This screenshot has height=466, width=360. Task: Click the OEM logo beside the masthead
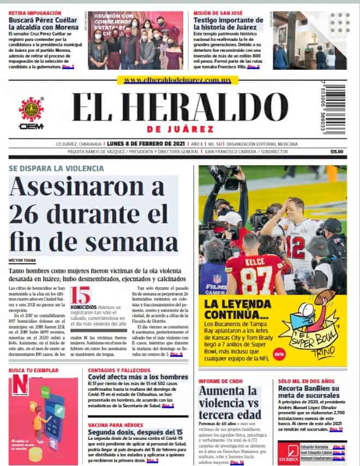31,113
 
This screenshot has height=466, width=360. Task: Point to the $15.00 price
337,152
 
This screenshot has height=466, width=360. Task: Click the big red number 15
81,296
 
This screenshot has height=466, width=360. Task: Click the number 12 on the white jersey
295,245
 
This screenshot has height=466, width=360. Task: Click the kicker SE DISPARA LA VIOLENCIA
56,168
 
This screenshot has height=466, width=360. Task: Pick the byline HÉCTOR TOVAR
21,260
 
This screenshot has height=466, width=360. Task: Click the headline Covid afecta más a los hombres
138,377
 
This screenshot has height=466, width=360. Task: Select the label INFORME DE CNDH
220,380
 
